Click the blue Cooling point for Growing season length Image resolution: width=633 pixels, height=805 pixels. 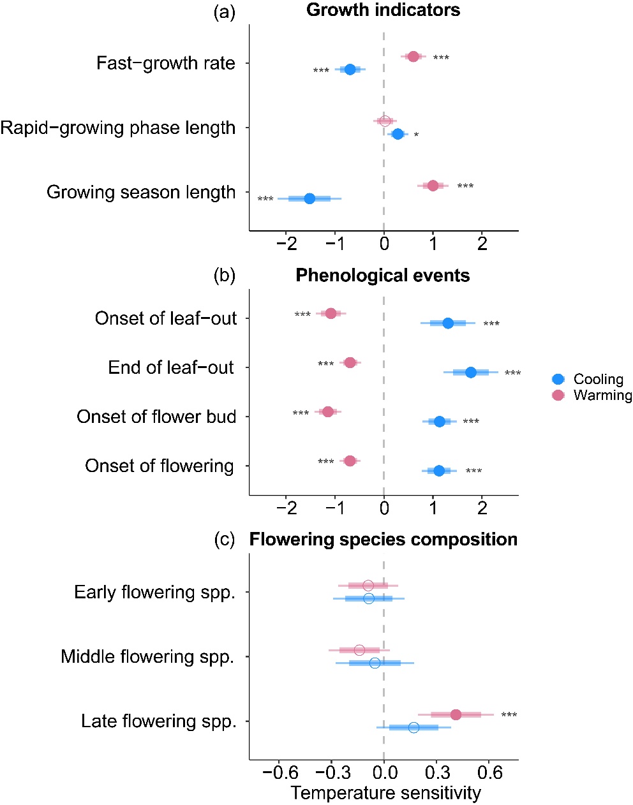click(309, 198)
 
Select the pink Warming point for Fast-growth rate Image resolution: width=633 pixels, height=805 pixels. click(413, 57)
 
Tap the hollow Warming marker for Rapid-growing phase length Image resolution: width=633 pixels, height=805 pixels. click(385, 121)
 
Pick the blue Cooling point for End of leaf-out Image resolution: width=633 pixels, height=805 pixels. click(471, 373)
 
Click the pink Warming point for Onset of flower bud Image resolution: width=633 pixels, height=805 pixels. click(328, 411)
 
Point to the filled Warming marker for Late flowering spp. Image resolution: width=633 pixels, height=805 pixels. click(456, 714)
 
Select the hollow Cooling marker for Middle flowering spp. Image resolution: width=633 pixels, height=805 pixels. click(375, 663)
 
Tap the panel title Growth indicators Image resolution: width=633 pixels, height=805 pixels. click(384, 10)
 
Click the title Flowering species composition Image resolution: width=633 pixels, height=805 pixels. click(384, 540)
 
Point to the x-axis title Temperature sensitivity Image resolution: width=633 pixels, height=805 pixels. click(386, 793)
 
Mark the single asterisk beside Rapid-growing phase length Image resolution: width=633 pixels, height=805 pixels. click(416, 135)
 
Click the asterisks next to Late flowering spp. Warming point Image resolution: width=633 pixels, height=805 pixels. click(509, 716)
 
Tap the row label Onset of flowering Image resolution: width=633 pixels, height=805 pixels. click(160, 466)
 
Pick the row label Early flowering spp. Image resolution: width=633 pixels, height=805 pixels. click(154, 592)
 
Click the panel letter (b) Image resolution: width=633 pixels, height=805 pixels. click(224, 276)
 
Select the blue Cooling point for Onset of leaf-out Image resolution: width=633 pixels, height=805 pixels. click(448, 323)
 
